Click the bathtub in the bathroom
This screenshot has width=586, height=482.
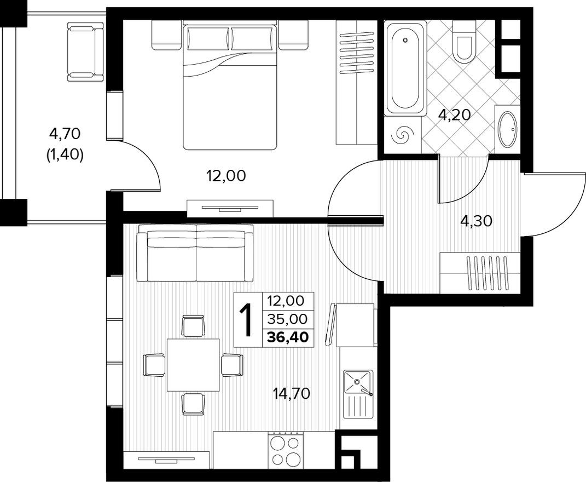[405, 68]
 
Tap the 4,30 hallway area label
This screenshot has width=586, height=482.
[477, 221]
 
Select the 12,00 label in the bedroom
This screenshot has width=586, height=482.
[225, 176]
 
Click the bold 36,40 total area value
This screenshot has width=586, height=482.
[288, 336]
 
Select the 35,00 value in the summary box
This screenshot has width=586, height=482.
[288, 318]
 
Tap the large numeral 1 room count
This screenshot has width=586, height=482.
[248, 320]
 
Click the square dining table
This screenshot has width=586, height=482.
[193, 365]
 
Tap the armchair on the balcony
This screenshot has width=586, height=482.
[85, 51]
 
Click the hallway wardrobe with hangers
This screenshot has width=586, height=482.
[481, 272]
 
